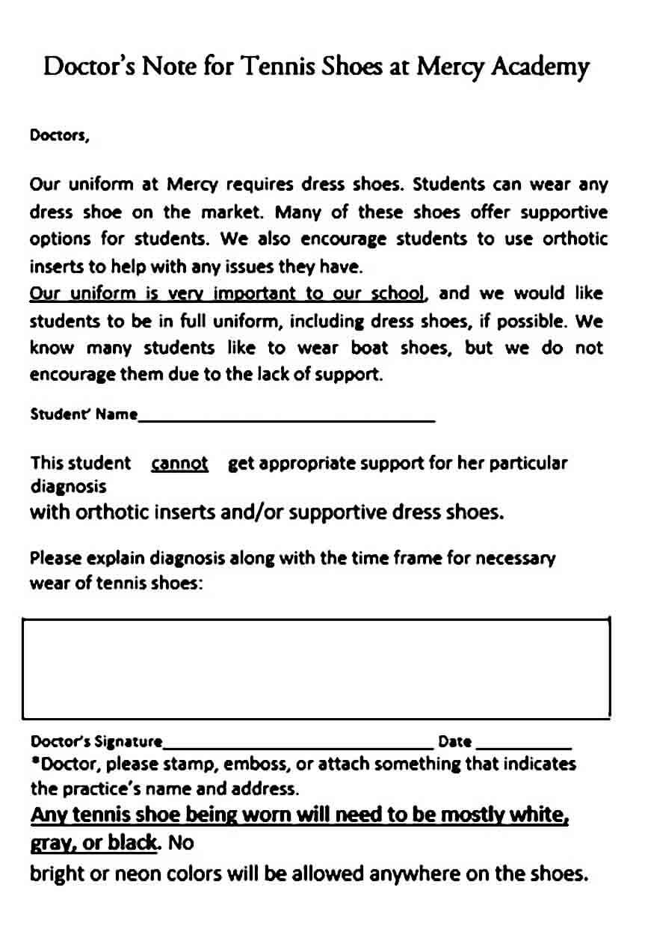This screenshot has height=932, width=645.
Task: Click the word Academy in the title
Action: [x=540, y=67]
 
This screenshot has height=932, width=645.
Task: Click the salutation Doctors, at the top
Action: [x=59, y=136]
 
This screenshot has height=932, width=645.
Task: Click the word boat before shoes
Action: [x=369, y=348]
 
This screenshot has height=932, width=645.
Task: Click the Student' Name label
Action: [x=83, y=414]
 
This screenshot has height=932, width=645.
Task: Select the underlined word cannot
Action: [x=179, y=464]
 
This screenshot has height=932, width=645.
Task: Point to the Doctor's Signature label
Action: [x=96, y=742]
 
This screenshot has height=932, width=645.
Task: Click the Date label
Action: [x=454, y=742]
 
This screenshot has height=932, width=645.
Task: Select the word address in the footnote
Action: [x=268, y=789]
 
